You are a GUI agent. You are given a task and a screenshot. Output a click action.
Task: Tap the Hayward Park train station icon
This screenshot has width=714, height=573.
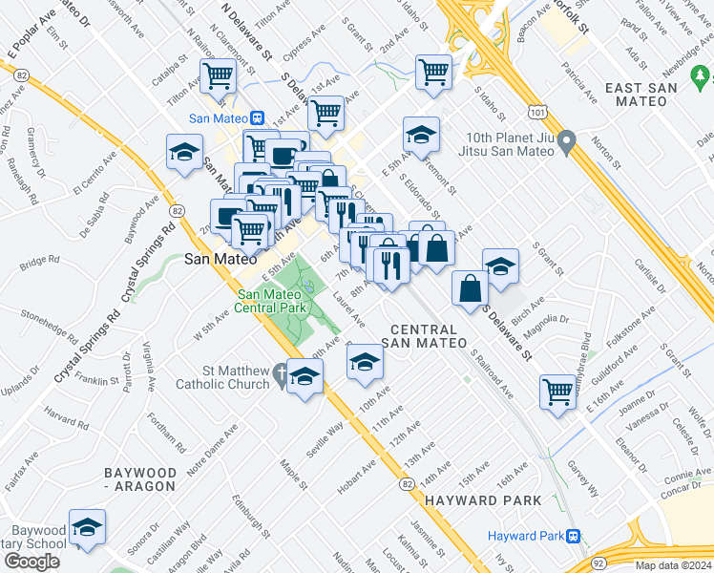click(574, 536)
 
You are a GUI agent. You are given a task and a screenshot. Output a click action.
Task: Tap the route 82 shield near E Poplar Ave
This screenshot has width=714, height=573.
click(21, 73)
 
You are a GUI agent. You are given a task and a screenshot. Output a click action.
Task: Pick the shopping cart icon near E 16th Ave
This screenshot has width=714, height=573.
click(558, 391)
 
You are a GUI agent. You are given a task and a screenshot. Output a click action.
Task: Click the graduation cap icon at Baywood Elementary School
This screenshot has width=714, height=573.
click(87, 528)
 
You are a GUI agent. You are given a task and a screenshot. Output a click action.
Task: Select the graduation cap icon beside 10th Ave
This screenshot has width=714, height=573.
click(364, 363)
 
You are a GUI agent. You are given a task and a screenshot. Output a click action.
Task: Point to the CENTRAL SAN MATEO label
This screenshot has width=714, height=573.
click(420, 335)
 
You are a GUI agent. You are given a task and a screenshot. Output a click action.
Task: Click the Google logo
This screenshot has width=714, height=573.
click(31, 561)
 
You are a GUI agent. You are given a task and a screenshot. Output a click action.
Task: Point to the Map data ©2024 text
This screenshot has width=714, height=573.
click(672, 565)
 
